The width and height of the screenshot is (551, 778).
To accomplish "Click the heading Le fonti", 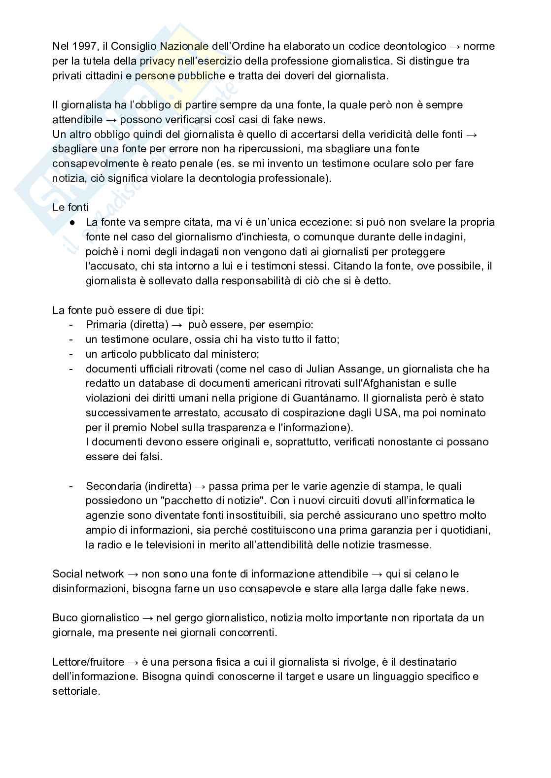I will coord(70,207).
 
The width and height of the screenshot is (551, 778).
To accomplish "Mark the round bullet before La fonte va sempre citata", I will coord(72,222).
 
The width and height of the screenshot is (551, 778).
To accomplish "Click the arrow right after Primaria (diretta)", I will coord(177,325).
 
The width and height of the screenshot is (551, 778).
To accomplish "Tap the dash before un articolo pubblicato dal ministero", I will coord(71,354).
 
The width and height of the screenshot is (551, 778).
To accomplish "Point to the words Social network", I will coord(88,574).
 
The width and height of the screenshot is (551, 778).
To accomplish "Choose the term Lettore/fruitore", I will coord(88,662).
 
